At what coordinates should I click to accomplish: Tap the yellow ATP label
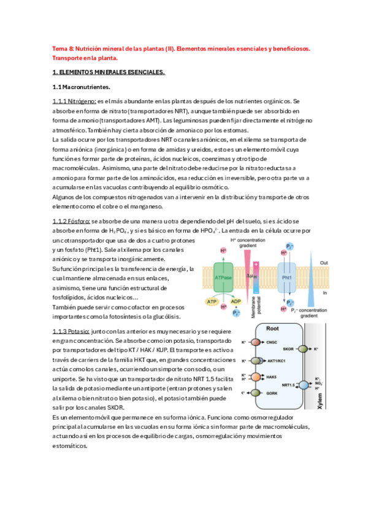point(212,303)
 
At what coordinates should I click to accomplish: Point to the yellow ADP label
point(236,303)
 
